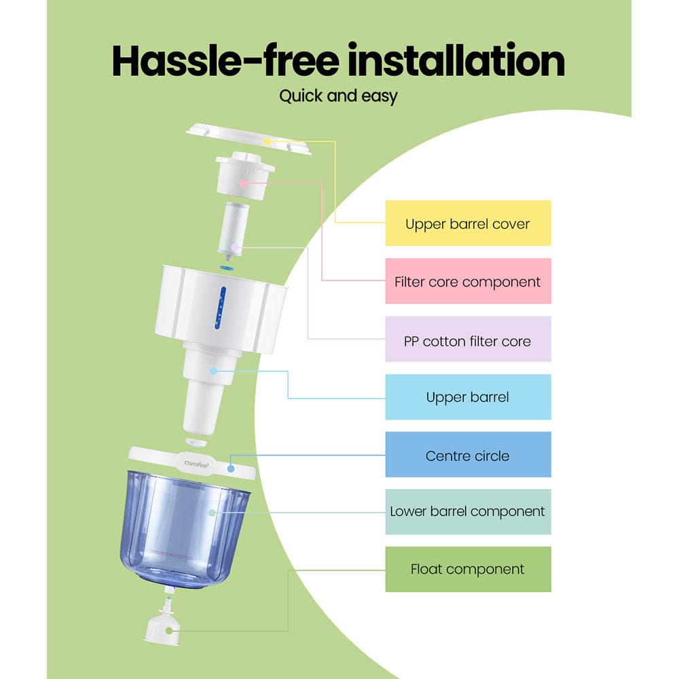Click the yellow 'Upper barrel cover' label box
pos(468,223)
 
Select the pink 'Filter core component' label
pos(468,281)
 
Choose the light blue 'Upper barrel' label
pos(468,397)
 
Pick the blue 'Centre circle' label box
pos(468,455)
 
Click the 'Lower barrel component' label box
pos(468,512)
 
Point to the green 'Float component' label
pos(468,569)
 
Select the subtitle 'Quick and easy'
pos(338,96)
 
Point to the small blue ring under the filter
pos(228,267)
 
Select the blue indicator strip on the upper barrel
pos(219,306)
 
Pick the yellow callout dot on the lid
pos(269,141)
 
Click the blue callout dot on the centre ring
pos(231,467)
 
